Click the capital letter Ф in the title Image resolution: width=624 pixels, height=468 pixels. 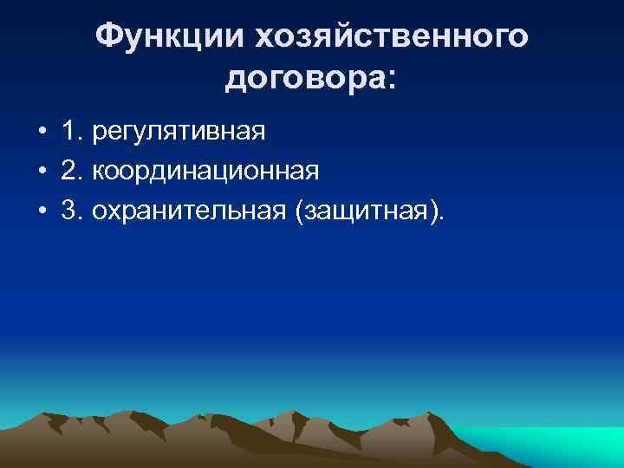tap(108, 37)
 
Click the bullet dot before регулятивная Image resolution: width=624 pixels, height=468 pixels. tap(42, 133)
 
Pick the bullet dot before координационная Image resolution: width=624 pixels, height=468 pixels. tap(42, 172)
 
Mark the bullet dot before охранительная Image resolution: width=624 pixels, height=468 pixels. tap(42, 210)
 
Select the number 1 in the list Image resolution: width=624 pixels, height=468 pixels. tap(68, 133)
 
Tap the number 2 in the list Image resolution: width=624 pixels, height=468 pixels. tap(68, 171)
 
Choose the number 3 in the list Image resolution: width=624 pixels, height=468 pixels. tap(68, 209)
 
